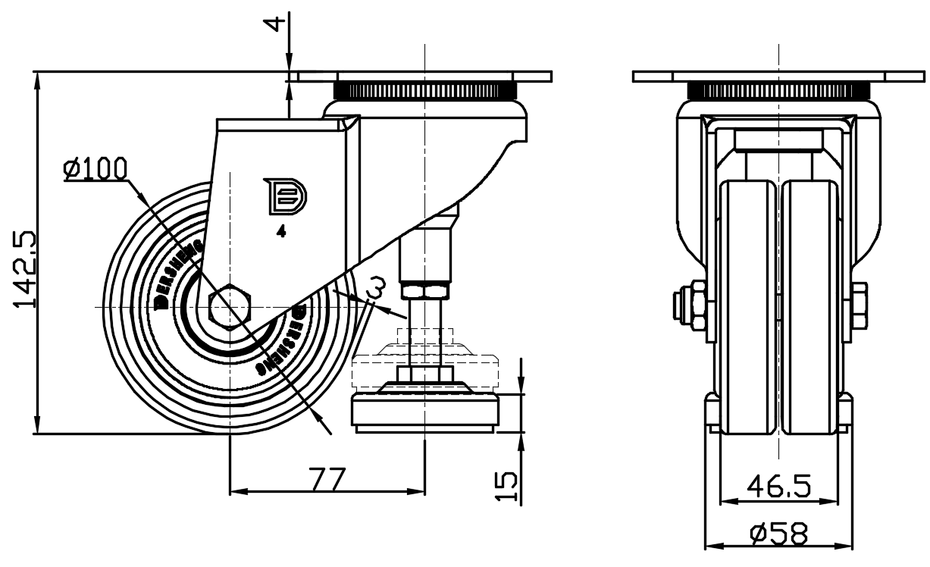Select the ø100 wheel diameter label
95,168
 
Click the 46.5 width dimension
778,485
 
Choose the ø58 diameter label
778,534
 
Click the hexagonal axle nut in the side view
230,308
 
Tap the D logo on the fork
285,196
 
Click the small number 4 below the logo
281,233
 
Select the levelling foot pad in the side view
424,413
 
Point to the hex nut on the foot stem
424,290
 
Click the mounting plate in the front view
778,77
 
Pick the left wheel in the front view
747,307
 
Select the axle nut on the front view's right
860,306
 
